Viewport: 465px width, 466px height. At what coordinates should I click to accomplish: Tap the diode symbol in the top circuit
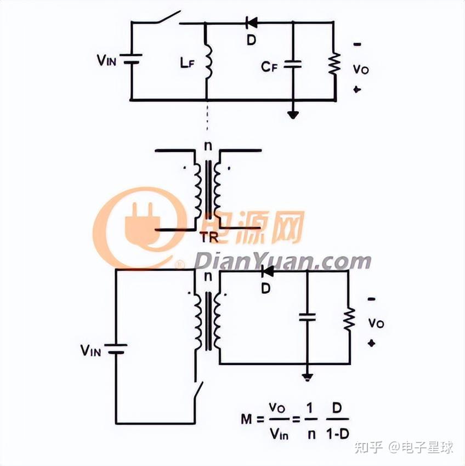[252, 22]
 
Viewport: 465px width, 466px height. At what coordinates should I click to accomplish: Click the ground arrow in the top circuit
[293, 113]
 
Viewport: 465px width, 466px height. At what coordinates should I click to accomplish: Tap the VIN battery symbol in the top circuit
[132, 59]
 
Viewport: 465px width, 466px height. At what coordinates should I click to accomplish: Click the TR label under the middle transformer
[209, 237]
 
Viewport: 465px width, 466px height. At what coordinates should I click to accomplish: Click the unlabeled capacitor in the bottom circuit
[308, 316]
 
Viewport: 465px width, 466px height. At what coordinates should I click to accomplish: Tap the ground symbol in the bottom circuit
[308, 377]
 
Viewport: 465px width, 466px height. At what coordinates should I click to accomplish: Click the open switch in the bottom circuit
[198, 392]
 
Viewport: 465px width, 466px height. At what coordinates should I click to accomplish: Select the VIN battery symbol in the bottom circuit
[116, 349]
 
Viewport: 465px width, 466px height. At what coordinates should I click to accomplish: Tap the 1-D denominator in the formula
[336, 434]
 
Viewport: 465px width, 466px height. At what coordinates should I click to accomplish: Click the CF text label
[269, 67]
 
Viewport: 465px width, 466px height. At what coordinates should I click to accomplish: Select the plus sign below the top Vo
[358, 89]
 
